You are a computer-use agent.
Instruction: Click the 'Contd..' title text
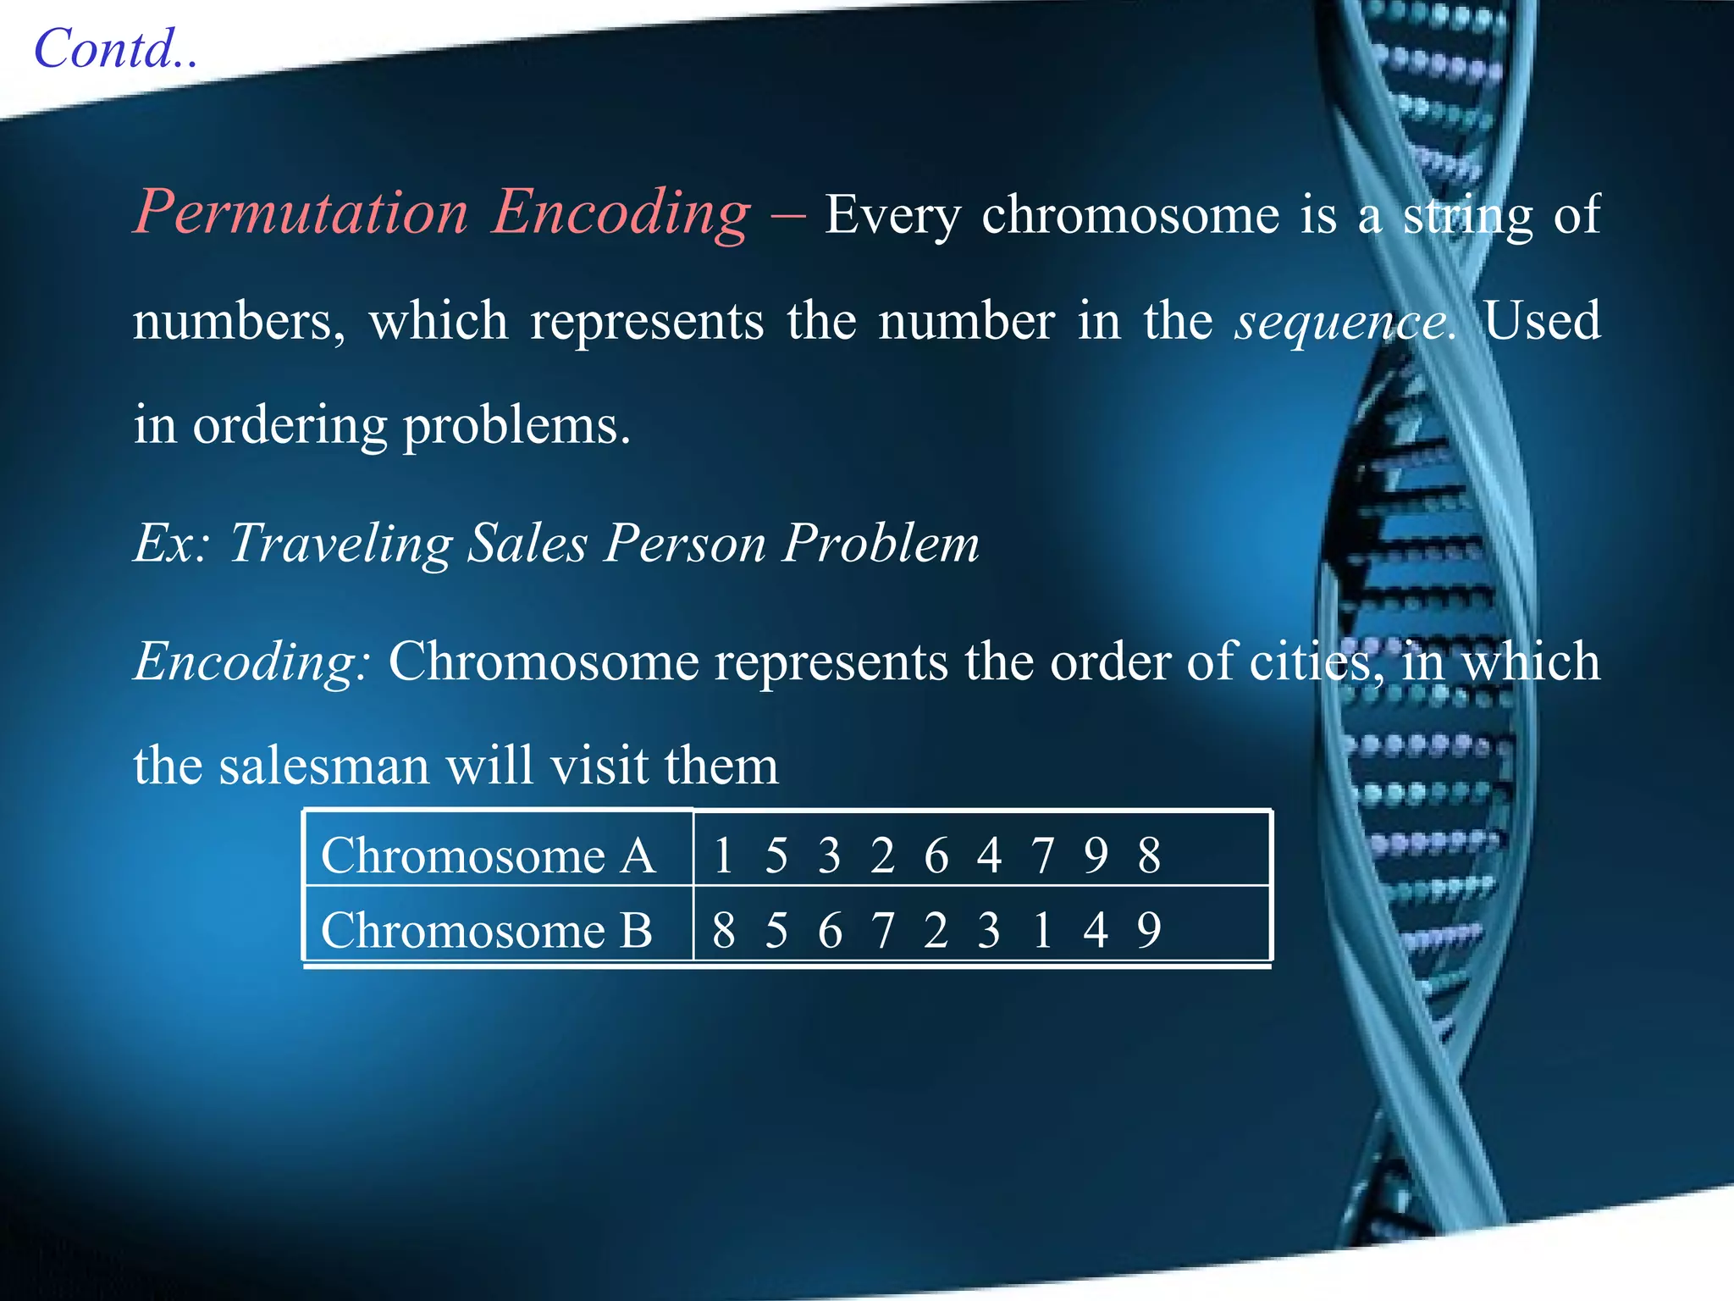pyautogui.click(x=116, y=49)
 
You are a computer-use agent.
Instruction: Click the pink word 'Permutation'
pyautogui.click(x=301, y=212)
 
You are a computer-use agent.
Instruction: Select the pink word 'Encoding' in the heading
pyautogui.click(x=621, y=212)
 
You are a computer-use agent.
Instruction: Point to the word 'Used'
pyautogui.click(x=1542, y=321)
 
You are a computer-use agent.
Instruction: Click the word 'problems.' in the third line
pyautogui.click(x=516, y=426)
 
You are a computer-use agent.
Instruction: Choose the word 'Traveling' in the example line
pyautogui.click(x=340, y=543)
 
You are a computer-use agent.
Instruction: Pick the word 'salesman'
pyautogui.click(x=325, y=766)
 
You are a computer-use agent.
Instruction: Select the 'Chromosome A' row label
pyautogui.click(x=488, y=855)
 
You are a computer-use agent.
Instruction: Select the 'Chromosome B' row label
pyautogui.click(x=486, y=931)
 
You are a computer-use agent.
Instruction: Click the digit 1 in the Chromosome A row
pyautogui.click(x=722, y=855)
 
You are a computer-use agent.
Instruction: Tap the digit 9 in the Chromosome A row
pyautogui.click(x=1096, y=855)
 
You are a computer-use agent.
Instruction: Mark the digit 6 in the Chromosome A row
pyautogui.click(x=936, y=855)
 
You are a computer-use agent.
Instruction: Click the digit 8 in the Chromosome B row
pyautogui.click(x=723, y=931)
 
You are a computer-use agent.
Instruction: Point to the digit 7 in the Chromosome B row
pyautogui.click(x=883, y=931)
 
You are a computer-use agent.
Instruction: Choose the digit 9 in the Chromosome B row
pyautogui.click(x=1149, y=931)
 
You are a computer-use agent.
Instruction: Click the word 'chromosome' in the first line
pyautogui.click(x=1129, y=215)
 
